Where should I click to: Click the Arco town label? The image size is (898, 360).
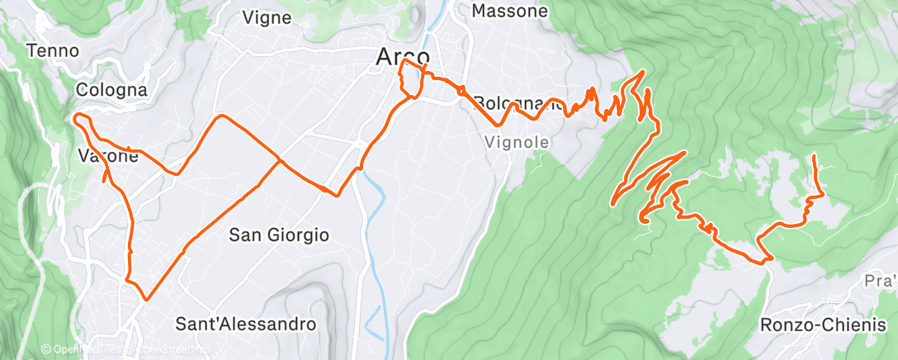click(402, 56)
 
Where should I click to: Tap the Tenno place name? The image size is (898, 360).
click(53, 51)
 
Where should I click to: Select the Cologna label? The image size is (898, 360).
click(111, 89)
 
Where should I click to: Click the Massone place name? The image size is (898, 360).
click(509, 12)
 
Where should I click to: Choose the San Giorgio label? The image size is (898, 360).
click(279, 234)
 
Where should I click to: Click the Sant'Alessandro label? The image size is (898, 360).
click(247, 324)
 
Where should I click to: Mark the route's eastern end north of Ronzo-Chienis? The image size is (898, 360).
click(815, 155)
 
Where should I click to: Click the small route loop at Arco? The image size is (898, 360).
click(410, 80)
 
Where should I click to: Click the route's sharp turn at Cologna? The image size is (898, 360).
click(77, 119)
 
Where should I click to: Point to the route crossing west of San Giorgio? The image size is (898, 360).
click(279, 160)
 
